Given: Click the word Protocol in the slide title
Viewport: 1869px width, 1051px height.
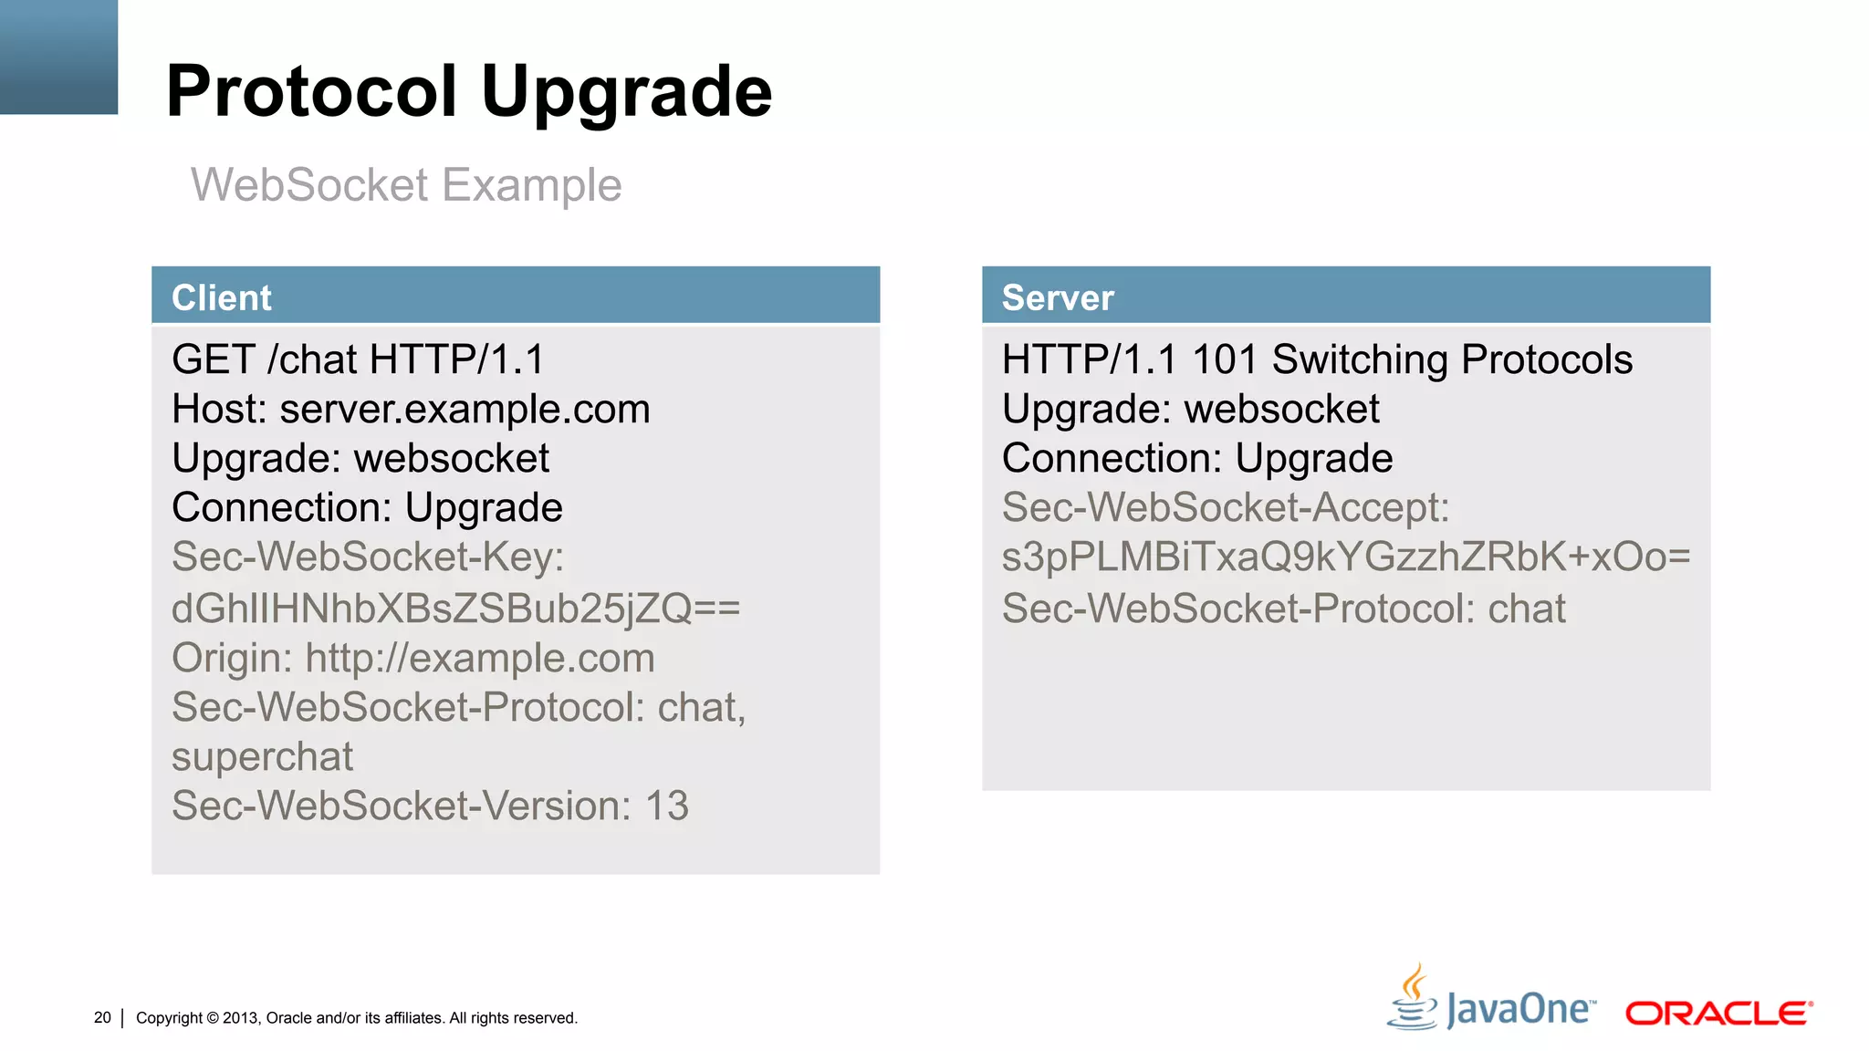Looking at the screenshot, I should (x=311, y=92).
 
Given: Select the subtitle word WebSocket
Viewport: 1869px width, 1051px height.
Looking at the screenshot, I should (x=309, y=185).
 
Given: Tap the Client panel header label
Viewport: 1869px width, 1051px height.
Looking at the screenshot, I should (x=222, y=298).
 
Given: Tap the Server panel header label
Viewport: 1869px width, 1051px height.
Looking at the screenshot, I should (x=1058, y=298).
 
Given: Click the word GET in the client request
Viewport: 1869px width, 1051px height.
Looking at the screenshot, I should (x=214, y=359).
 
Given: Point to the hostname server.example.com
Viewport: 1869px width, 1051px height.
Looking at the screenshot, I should (x=465, y=410).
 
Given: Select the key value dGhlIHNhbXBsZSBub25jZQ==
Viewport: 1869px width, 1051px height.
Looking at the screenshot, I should (x=455, y=609).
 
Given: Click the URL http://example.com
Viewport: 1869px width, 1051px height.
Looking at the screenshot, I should (x=480, y=658).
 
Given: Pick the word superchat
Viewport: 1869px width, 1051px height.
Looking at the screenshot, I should (x=262, y=757).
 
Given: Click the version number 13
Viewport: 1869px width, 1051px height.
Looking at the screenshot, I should (x=666, y=806).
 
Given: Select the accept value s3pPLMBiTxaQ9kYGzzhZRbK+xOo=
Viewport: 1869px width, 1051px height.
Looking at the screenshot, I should (x=1346, y=557).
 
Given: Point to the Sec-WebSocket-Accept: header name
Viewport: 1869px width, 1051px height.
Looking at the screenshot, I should (x=1226, y=508).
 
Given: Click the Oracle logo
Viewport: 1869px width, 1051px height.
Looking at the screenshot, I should (x=1718, y=1013).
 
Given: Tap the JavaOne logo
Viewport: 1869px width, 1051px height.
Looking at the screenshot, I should (x=1491, y=1004).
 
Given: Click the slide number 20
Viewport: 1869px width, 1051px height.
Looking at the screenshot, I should (x=102, y=1017).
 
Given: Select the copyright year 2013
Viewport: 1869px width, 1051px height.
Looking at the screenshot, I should (x=240, y=1018).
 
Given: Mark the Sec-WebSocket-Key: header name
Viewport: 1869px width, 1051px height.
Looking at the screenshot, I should (x=368, y=557).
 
